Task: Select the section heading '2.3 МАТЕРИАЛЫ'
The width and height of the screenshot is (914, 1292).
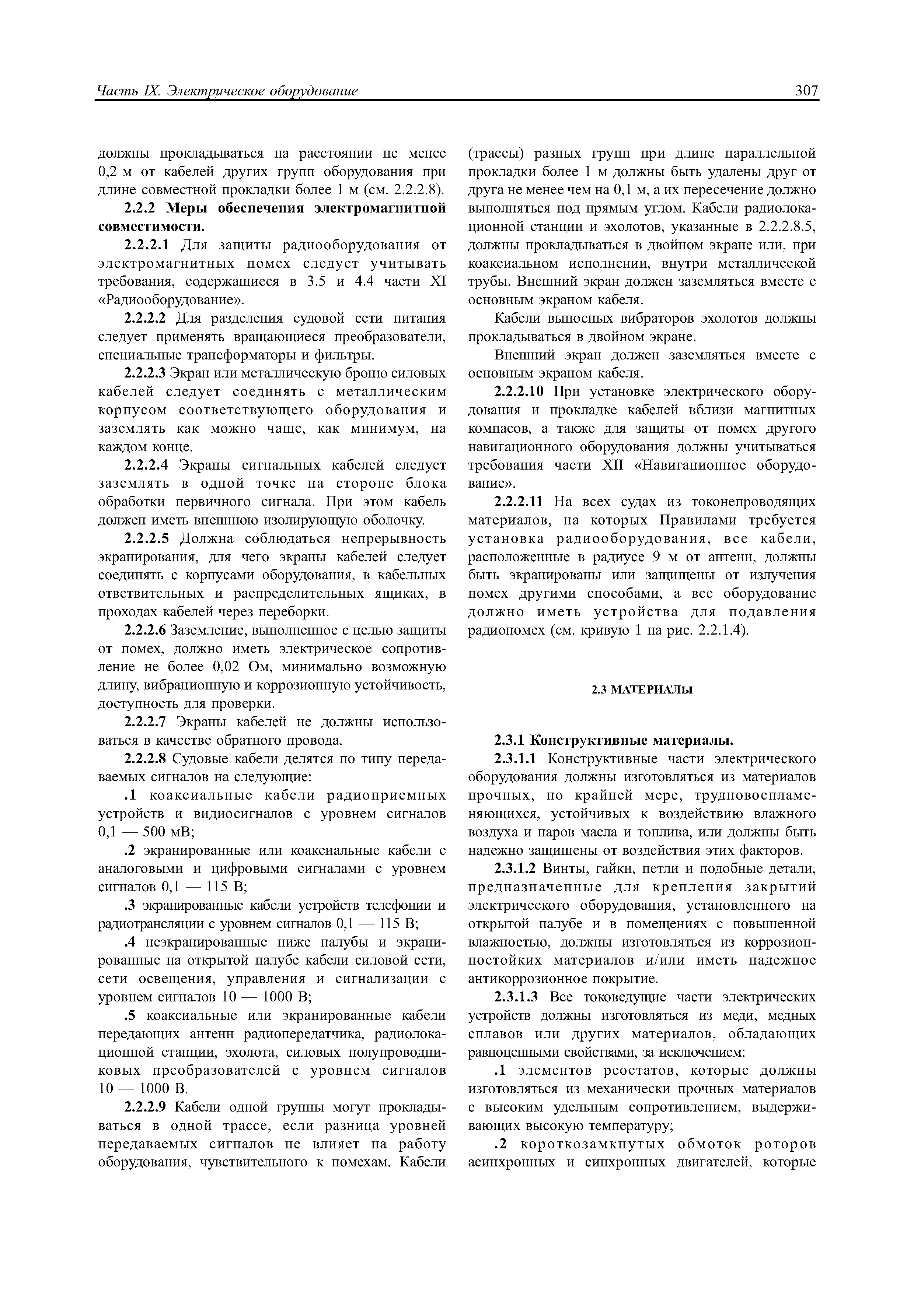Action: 641,690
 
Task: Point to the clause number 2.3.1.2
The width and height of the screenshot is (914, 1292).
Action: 514,868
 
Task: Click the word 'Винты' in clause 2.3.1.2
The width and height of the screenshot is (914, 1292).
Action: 560,868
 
